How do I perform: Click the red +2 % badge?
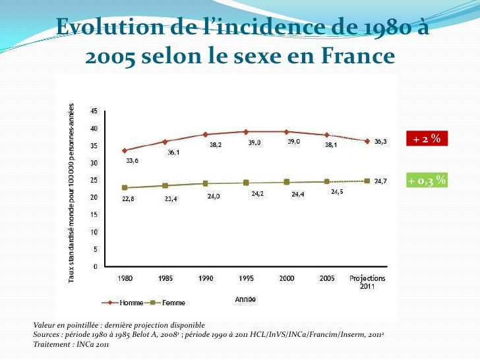click(427, 138)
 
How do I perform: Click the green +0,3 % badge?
click(427, 180)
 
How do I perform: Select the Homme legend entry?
click(123, 303)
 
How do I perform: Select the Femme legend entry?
click(165, 303)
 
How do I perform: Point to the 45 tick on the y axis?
click(94, 111)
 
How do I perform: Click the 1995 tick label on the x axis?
click(246, 278)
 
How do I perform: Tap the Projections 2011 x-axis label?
click(367, 282)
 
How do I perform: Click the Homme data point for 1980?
click(125, 150)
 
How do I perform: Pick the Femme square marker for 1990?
click(206, 184)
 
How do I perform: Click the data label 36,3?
click(380, 141)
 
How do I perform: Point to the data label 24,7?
click(380, 181)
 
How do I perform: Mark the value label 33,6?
click(133, 161)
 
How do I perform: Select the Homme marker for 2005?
click(327, 135)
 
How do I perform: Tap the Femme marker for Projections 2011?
click(367, 181)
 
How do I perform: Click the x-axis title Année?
click(245, 299)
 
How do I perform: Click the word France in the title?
click(358, 55)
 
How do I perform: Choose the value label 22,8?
click(128, 199)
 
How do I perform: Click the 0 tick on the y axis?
click(96, 266)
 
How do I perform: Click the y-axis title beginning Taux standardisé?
click(71, 193)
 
